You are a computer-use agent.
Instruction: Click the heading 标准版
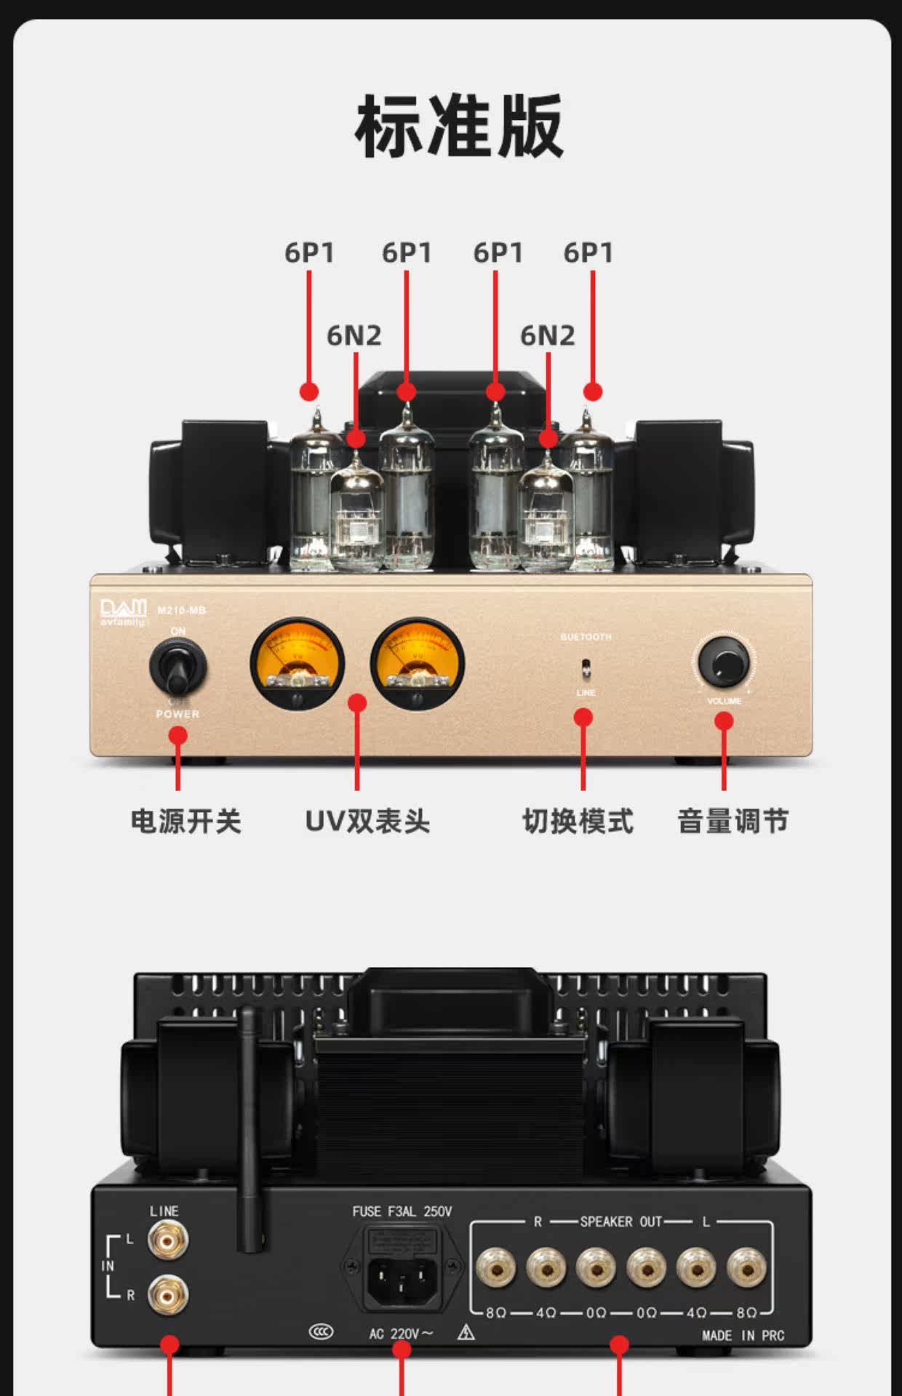(459, 127)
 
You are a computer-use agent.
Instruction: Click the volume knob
(723, 662)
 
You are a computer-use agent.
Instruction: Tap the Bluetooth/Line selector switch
(586, 667)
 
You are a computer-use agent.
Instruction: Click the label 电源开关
(185, 822)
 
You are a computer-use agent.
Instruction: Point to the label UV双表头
(367, 822)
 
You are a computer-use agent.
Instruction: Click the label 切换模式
(578, 822)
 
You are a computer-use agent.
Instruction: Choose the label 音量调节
(733, 822)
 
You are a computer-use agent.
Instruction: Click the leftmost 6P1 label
(309, 253)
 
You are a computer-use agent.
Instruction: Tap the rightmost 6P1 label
(588, 253)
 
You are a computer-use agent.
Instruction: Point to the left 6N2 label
(354, 336)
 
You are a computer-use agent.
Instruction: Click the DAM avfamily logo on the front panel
(123, 611)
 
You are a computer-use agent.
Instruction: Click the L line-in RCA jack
(168, 1240)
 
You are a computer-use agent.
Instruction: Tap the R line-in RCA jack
(168, 1294)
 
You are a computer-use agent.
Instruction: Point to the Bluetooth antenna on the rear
(250, 1127)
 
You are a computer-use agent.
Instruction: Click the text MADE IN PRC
(743, 1335)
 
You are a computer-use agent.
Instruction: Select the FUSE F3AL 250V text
(402, 1211)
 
